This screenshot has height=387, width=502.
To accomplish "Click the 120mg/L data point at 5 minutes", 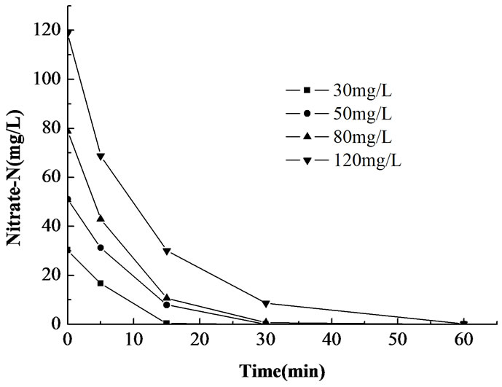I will pyautogui.click(x=101, y=157).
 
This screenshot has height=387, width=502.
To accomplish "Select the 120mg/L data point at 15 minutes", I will pyautogui.click(x=167, y=251).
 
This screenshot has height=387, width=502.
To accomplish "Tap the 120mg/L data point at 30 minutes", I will pyautogui.click(x=266, y=303).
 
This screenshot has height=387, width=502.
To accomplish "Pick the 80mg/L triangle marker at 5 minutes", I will pyautogui.click(x=101, y=219).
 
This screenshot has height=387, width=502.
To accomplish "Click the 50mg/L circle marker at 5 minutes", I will pyautogui.click(x=101, y=248).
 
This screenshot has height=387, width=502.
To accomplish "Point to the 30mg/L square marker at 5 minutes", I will pyautogui.click(x=101, y=283).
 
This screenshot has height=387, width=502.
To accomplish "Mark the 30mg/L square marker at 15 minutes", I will pyautogui.click(x=167, y=323).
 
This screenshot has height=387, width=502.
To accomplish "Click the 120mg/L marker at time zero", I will pyautogui.click(x=68, y=33).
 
